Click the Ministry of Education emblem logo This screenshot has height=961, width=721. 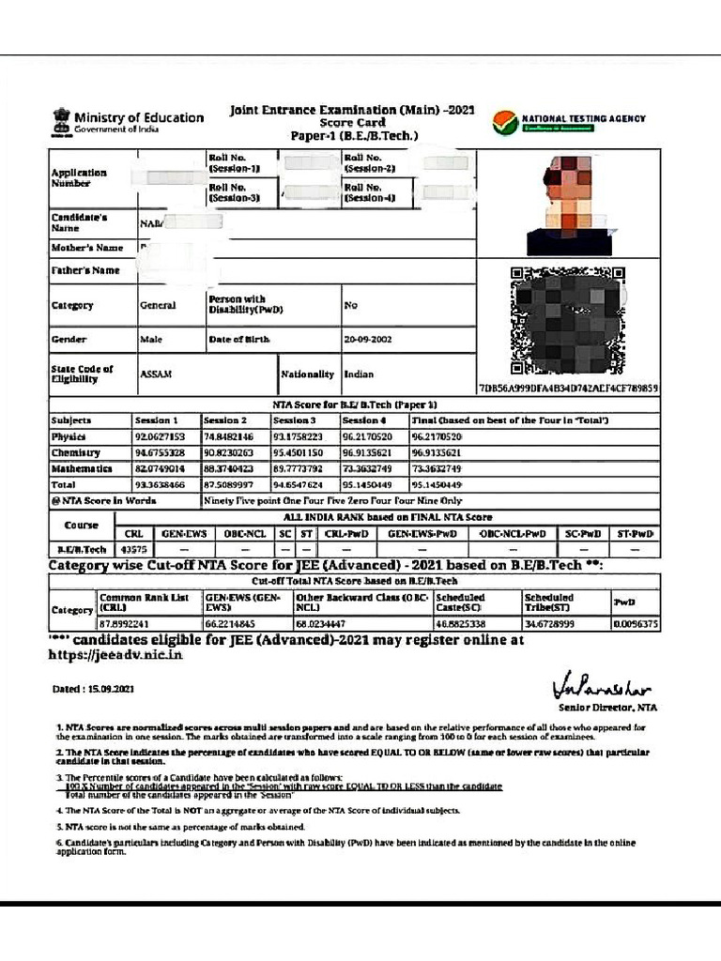tap(61, 122)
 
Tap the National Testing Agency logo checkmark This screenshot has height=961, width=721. tap(503, 123)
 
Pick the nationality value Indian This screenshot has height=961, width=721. tap(359, 374)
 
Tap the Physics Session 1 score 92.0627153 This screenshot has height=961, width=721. tap(161, 437)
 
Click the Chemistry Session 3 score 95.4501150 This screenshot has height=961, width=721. tap(298, 452)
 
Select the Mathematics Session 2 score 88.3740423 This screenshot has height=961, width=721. tap(228, 468)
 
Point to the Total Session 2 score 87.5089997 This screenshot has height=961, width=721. tap(228, 484)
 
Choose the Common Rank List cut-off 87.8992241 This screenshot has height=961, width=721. tap(125, 622)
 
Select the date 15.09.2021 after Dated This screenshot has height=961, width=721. tap(106, 689)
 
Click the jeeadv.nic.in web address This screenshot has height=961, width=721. tap(115, 655)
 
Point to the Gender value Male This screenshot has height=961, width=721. tap(150, 340)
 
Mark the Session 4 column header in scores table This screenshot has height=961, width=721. tap(360, 420)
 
